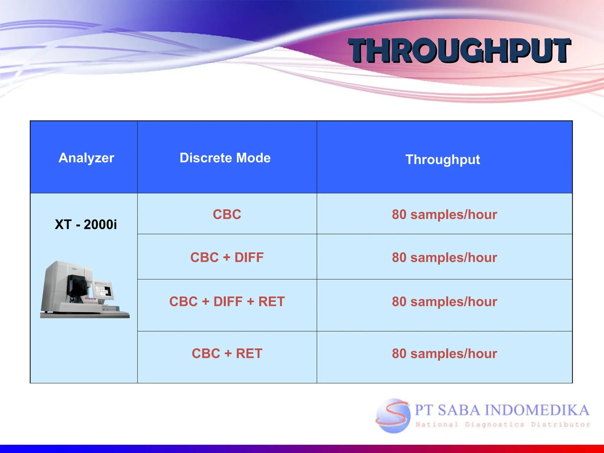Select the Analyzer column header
tap(86, 158)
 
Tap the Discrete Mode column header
tap(225, 158)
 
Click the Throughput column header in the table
tap(443, 160)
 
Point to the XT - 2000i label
tap(86, 224)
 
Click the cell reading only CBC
tap(227, 214)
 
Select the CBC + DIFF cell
tap(227, 257)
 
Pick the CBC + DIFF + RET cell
tap(227, 301)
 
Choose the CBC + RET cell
tap(227, 353)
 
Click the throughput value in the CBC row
tap(444, 214)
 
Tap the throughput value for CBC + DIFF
tap(444, 257)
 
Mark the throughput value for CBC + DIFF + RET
tap(444, 302)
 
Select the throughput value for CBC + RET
tap(444, 354)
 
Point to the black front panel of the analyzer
tap(77, 285)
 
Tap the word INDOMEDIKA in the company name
tap(537, 410)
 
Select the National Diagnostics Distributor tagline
tap(503, 425)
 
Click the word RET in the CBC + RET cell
tap(249, 353)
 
